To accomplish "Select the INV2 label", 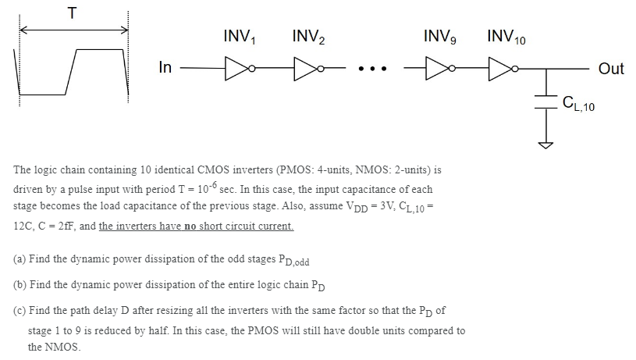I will [309, 37].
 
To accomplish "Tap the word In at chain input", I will [165, 68].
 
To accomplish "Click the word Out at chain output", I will [611, 69].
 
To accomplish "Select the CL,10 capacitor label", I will [578, 102].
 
